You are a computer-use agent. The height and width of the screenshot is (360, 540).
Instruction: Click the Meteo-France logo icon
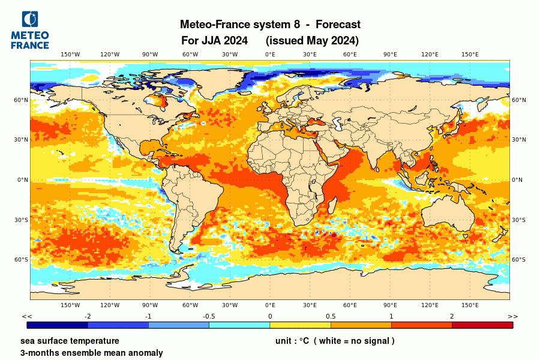(29, 20)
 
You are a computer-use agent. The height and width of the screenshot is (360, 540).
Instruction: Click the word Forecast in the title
(338, 25)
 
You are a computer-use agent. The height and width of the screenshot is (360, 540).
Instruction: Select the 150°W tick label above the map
(70, 55)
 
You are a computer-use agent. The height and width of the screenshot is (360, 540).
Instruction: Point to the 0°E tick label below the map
(270, 305)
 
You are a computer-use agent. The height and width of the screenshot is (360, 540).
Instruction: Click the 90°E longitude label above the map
(390, 55)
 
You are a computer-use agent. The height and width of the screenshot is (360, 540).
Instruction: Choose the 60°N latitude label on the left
(22, 100)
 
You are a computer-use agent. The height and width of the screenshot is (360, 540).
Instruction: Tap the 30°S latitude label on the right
(518, 220)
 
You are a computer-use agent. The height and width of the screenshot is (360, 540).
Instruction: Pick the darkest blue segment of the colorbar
(58, 325)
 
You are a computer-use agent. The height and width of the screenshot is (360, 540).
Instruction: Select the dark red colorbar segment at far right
(482, 325)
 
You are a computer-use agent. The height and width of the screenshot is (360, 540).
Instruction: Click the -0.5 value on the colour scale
(209, 316)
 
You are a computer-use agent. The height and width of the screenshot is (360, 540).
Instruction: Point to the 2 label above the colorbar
(452, 316)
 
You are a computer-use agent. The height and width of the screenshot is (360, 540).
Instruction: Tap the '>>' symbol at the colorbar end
(512, 316)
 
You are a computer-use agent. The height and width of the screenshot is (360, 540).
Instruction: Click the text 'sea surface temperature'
(70, 341)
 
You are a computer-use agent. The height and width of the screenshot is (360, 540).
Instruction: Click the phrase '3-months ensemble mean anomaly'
(91, 353)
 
